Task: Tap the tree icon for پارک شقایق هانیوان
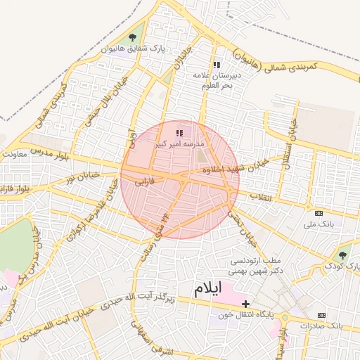[134, 37]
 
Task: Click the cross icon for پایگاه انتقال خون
[245, 303]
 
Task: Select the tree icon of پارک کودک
[342, 255]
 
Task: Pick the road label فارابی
[148, 181]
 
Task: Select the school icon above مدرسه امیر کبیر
[179, 132]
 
